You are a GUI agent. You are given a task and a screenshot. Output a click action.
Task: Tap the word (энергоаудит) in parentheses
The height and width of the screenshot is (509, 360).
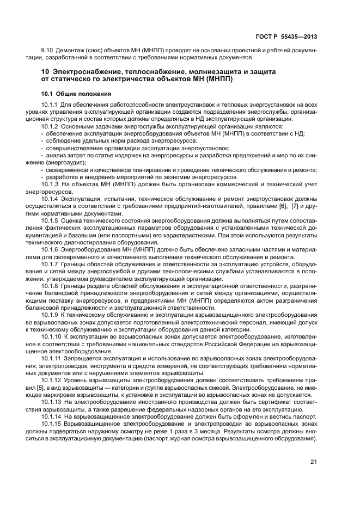[x=57, y=162]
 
